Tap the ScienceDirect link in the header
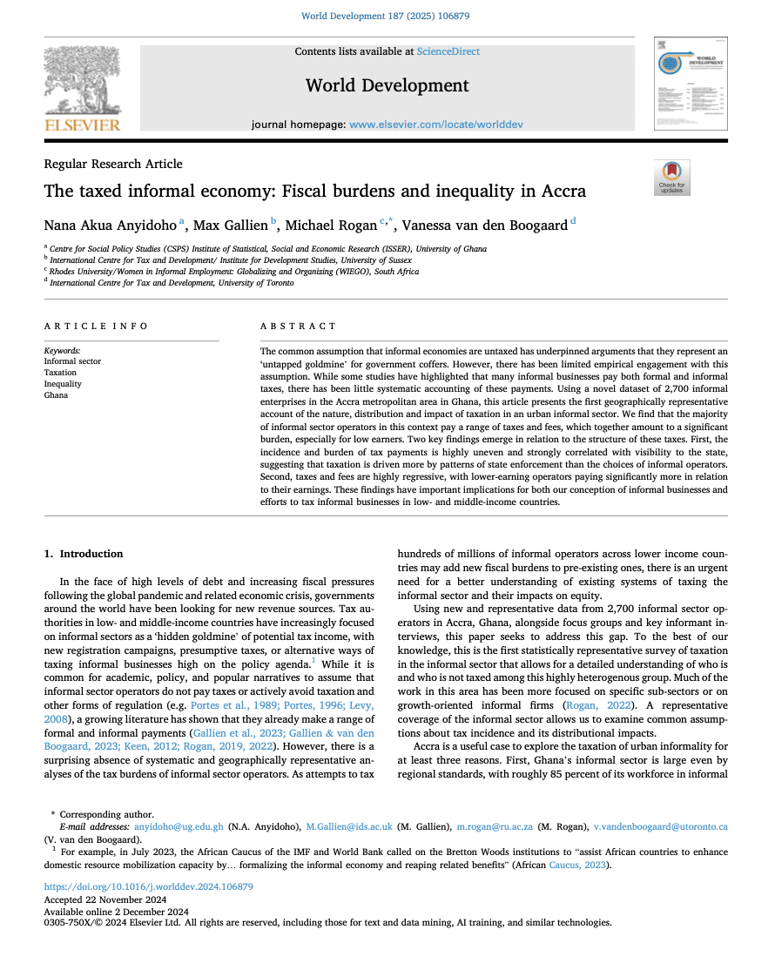point(448,51)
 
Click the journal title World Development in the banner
point(387,85)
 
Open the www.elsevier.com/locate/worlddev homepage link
point(436,125)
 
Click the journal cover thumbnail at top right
point(691,84)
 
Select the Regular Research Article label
point(113,164)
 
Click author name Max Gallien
point(231,226)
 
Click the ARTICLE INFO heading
point(97,327)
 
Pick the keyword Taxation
point(61,373)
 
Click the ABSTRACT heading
point(298,327)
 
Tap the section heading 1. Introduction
point(84,554)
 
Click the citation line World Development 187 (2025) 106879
point(387,16)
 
